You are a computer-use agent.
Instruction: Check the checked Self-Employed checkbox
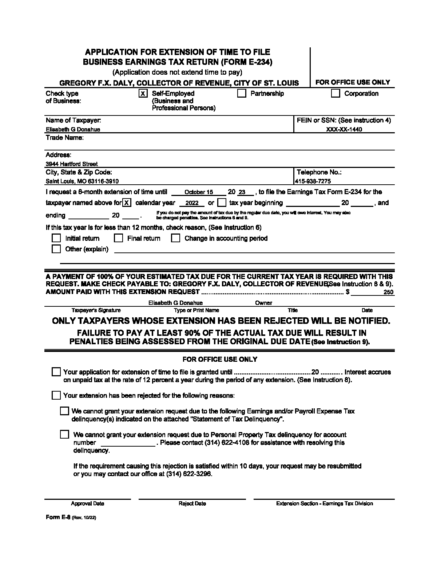[x=143, y=94]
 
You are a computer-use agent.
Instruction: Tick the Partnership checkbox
[x=242, y=94]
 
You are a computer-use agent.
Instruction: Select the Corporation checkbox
[x=335, y=94]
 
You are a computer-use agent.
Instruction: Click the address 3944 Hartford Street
[x=72, y=164]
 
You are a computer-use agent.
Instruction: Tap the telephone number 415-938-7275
[x=313, y=181]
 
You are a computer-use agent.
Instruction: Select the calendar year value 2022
[x=192, y=203]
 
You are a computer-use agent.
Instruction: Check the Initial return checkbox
[x=56, y=238]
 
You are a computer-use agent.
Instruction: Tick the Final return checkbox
[x=118, y=238]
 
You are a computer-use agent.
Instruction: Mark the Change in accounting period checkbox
[x=176, y=238]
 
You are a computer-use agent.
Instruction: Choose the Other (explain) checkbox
[x=56, y=249]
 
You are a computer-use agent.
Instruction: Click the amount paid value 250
[x=388, y=292]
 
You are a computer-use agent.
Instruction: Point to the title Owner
[x=263, y=303]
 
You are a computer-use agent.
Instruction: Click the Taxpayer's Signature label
[x=96, y=310]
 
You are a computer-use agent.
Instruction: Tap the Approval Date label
[x=87, y=503]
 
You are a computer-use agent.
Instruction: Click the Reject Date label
[x=192, y=503]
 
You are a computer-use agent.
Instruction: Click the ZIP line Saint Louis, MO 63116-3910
[x=82, y=181]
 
